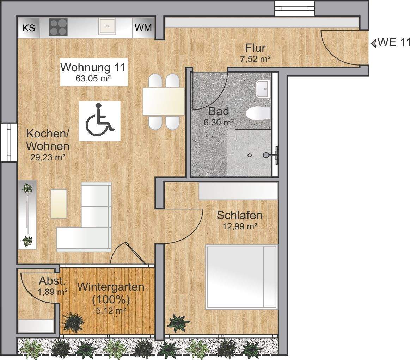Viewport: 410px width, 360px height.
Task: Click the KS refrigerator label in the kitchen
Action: pyautogui.click(x=29, y=28)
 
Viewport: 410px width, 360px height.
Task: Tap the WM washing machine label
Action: pyautogui.click(x=143, y=28)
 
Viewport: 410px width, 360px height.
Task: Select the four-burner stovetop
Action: pyautogui.click(x=58, y=27)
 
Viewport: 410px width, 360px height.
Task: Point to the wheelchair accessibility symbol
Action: pyautogui.click(x=99, y=120)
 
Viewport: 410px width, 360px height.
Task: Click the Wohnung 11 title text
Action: pyautogui.click(x=93, y=67)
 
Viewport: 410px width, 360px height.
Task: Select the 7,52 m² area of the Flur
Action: pyautogui.click(x=255, y=59)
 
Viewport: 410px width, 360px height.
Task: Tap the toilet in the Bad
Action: pyautogui.click(x=258, y=113)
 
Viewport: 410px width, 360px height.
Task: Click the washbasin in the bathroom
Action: pyautogui.click(x=263, y=89)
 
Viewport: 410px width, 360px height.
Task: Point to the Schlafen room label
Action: pyautogui.click(x=239, y=215)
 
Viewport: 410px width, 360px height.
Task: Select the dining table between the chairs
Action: pyautogui.click(x=164, y=101)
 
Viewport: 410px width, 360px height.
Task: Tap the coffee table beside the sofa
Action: pyautogui.click(x=59, y=204)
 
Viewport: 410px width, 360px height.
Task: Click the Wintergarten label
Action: pyautogui.click(x=111, y=287)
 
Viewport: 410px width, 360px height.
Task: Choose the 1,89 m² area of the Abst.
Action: pyautogui.click(x=53, y=292)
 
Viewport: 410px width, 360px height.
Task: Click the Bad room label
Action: pyautogui.click(x=219, y=111)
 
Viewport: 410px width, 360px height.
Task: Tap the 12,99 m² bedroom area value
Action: pyautogui.click(x=239, y=226)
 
